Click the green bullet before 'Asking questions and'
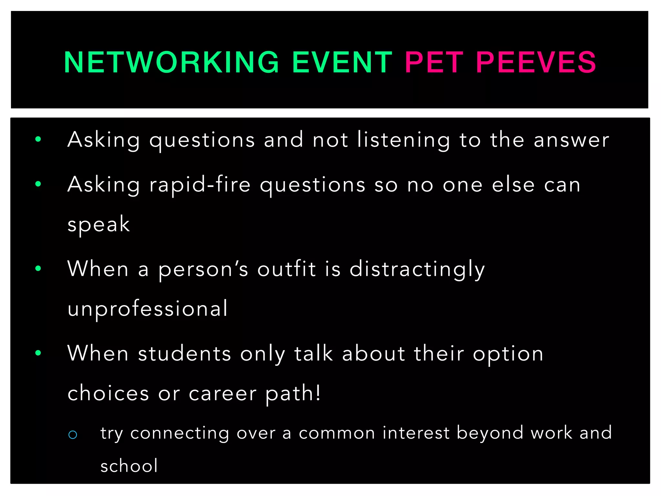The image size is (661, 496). coord(38,139)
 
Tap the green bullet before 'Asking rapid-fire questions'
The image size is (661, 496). coord(38,184)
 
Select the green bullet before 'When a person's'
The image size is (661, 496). coord(38,268)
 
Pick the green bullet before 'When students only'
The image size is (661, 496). coord(38,353)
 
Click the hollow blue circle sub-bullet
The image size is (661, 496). coord(73,435)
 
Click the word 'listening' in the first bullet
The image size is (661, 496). coord(403,140)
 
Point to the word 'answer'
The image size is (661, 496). coord(571,140)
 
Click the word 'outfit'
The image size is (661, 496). coord(286,269)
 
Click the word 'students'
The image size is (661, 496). coord(185,353)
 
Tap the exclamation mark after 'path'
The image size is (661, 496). coord(318,393)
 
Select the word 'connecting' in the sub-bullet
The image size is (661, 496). coord(179,433)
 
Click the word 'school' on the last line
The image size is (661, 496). coord(129,466)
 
